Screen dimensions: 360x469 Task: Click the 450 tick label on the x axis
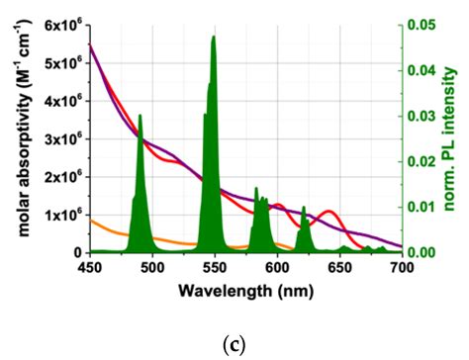click(90, 267)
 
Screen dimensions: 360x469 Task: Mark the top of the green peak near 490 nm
click(140, 116)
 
